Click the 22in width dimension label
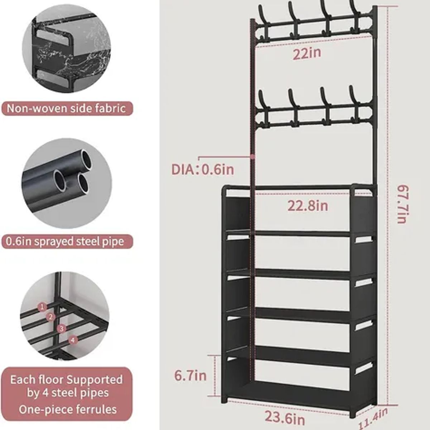pos(307,54)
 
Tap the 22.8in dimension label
pos(308,206)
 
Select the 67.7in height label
pos(402,204)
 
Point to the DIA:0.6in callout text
pos(202,169)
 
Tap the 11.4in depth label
pos(373,418)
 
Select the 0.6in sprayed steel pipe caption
pos(65,242)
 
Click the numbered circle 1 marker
pos(43,307)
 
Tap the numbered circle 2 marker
pos(51,317)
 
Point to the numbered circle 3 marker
pos(62,328)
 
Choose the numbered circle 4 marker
pos(73,339)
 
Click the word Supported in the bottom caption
pos(94,379)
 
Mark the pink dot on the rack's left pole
pos(253,157)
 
